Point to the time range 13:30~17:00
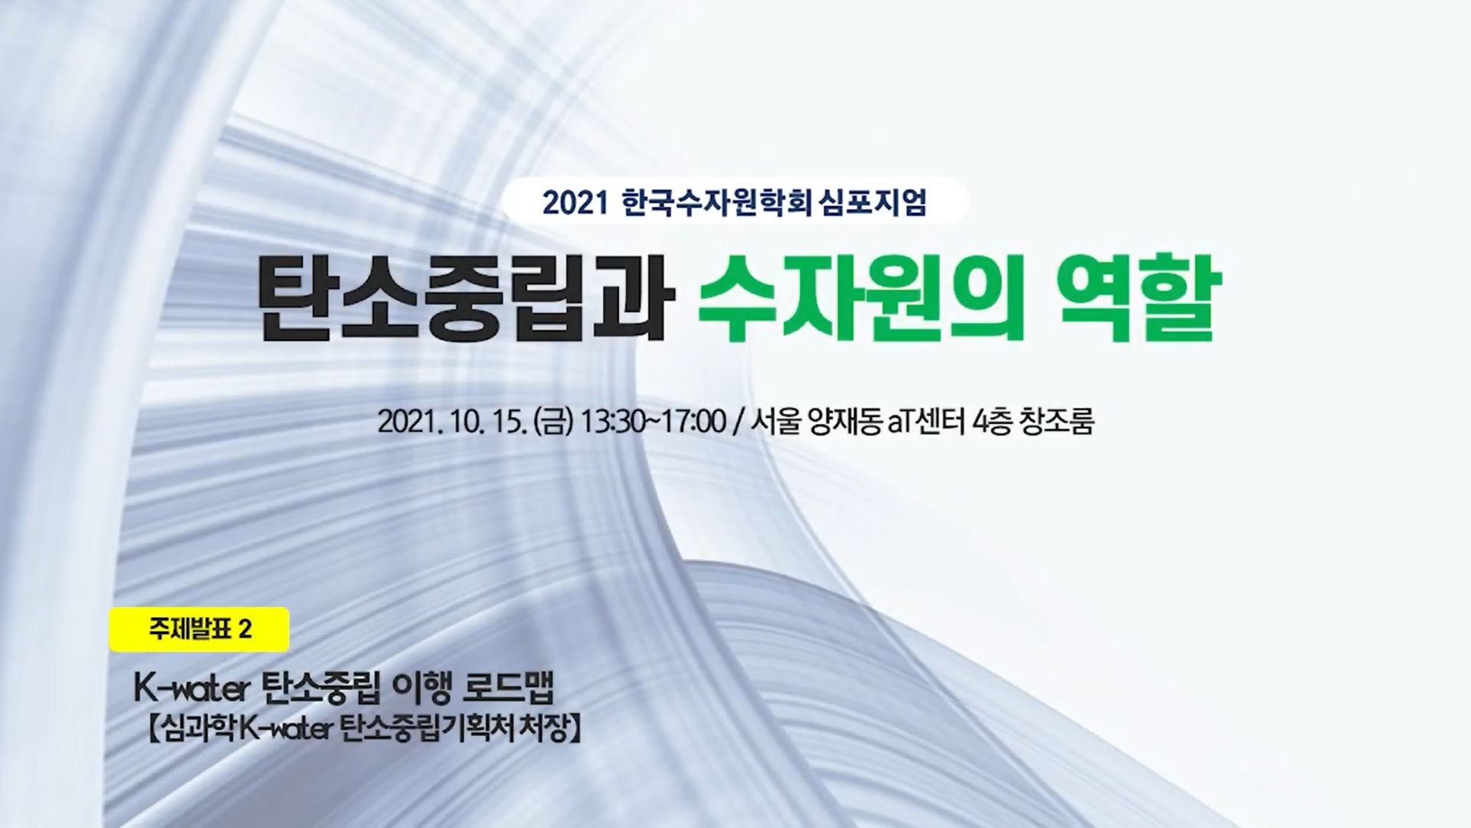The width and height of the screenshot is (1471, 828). pyautogui.click(x=654, y=422)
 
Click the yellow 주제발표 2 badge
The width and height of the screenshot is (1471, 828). pyautogui.click(x=199, y=629)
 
